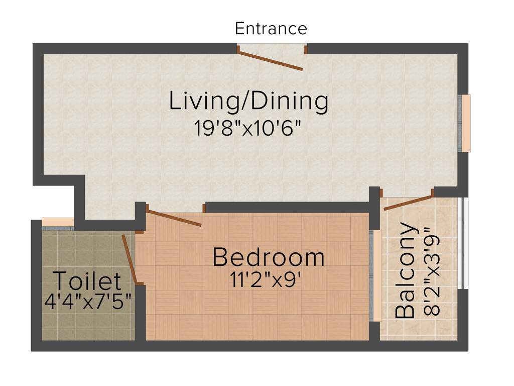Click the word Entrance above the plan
pos(271,29)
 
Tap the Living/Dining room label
pos(248,101)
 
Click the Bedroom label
pos(269,257)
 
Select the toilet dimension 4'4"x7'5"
pos(88,303)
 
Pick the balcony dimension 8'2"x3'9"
pos(432,272)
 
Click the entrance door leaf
pos(271,60)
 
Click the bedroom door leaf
pos(174,218)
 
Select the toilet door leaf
pos(130,259)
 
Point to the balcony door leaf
pos(408,201)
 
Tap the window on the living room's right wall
pos(465,123)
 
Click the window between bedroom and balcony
pos(375,275)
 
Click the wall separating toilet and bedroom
pos(141,312)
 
